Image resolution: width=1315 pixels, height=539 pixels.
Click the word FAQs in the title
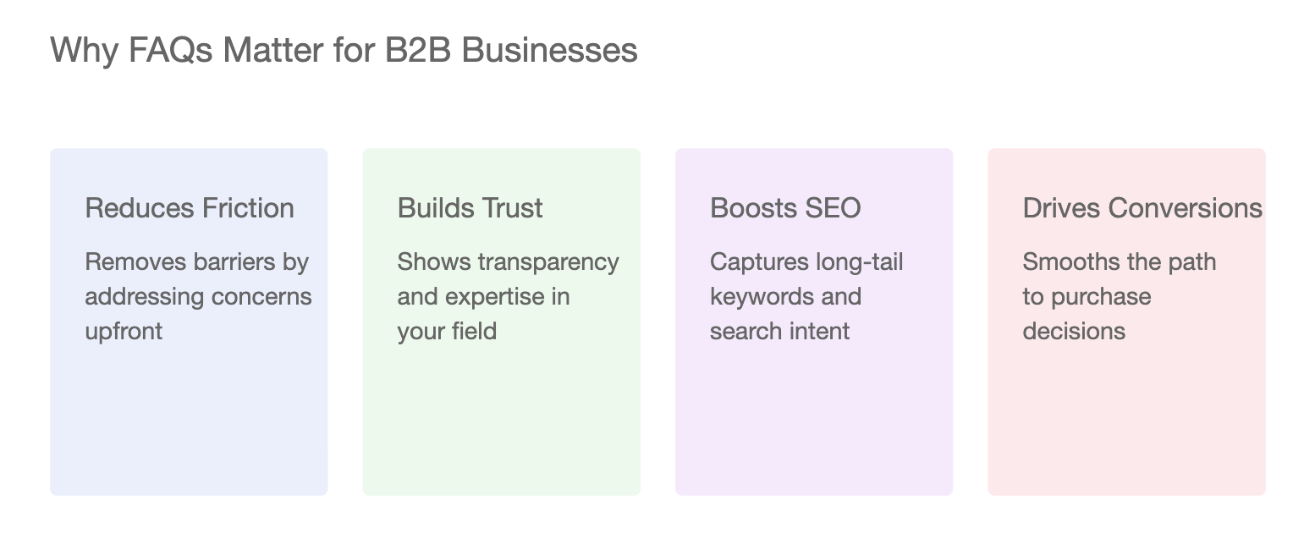tap(170, 51)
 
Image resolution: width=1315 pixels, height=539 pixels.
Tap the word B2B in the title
tap(417, 50)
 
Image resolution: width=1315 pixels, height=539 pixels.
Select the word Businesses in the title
tap(549, 50)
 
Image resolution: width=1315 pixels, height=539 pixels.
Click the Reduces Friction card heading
tap(190, 208)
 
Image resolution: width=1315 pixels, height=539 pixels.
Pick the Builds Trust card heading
tap(470, 208)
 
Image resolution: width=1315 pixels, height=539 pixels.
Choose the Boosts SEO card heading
tap(785, 208)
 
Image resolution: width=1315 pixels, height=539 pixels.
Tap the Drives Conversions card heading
tap(1142, 208)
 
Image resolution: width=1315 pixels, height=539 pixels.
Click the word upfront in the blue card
tap(124, 332)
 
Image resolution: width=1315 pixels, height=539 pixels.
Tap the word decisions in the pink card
tap(1074, 331)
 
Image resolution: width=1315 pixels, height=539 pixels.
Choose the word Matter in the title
tap(273, 50)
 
